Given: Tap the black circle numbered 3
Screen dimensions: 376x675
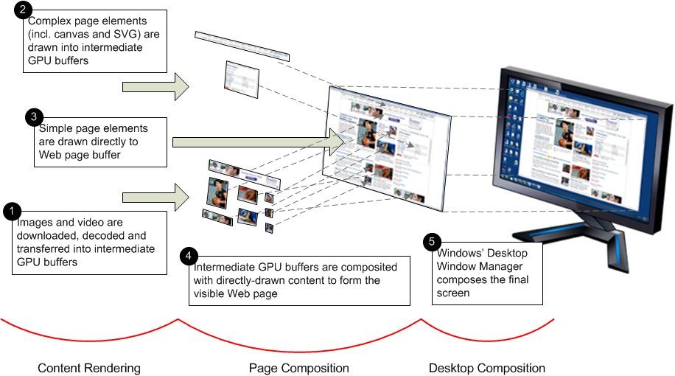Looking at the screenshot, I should click(x=34, y=117).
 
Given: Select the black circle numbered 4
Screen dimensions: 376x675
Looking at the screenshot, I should click(x=189, y=255).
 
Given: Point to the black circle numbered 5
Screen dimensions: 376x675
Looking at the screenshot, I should click(x=433, y=242).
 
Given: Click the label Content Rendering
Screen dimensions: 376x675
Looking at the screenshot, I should click(x=88, y=367).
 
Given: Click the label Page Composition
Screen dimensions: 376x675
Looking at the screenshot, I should click(x=298, y=367).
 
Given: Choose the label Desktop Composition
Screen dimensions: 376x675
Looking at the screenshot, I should click(x=487, y=367).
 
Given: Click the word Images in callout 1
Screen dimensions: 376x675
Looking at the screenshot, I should click(x=32, y=222).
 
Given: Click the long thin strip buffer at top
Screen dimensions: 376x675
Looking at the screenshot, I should click(x=242, y=46).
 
